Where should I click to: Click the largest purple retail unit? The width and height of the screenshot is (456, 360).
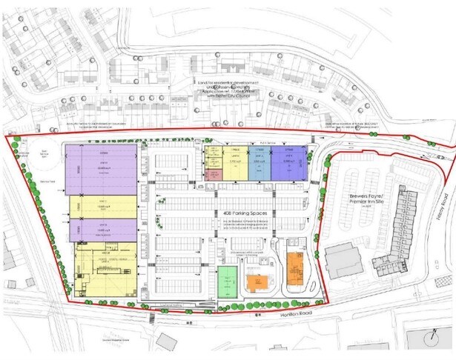click(101, 169)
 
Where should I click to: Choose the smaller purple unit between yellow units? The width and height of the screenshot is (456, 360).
click(103, 230)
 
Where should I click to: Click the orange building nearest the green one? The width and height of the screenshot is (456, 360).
click(257, 283)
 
